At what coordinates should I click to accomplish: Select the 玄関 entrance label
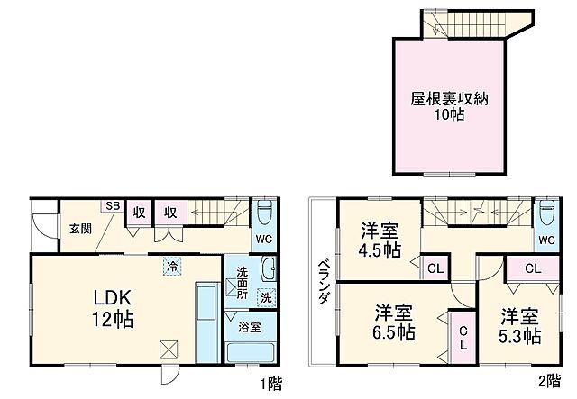point(77,229)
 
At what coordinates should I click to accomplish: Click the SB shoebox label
point(112,206)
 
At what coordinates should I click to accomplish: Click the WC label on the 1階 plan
point(262,240)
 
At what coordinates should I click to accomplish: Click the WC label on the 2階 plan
point(546,240)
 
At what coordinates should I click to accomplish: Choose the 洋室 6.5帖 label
point(395,322)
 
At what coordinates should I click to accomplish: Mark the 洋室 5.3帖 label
point(521,327)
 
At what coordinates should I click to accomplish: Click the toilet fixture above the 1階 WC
point(263,214)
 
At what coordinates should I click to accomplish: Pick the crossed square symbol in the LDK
point(169,349)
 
